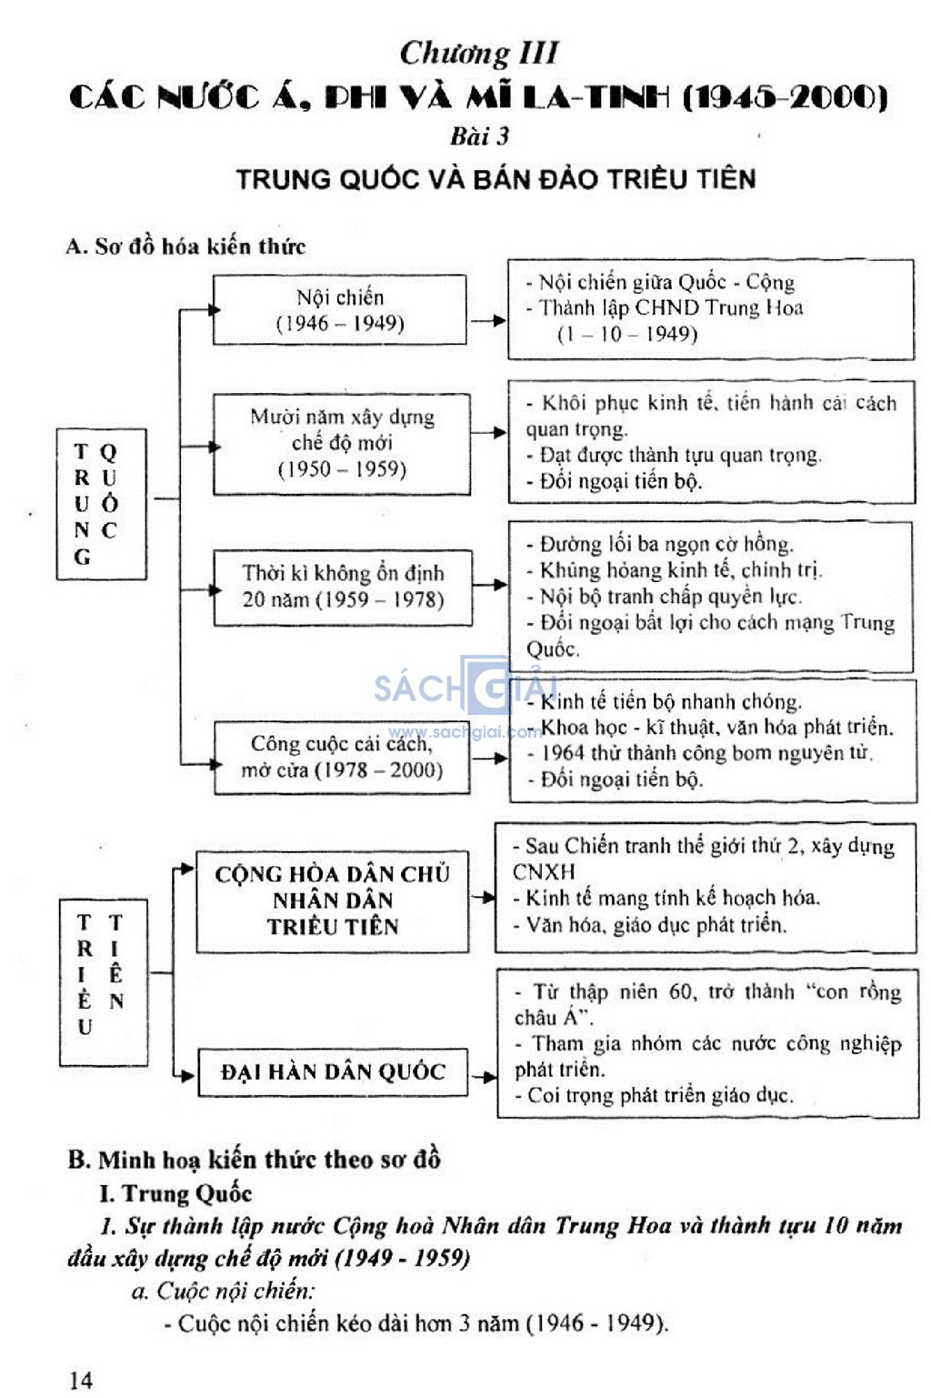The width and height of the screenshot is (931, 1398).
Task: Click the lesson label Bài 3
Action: tap(479, 136)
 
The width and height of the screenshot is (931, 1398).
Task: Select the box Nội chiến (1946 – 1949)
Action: tap(339, 309)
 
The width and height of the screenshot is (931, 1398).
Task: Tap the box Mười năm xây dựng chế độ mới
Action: tap(342, 444)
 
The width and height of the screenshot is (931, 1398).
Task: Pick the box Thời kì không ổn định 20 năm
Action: tap(343, 588)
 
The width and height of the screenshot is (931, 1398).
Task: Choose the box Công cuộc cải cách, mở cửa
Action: tap(342, 757)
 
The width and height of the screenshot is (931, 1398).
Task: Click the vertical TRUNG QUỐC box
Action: tap(102, 504)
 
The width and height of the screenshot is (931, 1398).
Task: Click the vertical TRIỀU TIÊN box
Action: tap(104, 982)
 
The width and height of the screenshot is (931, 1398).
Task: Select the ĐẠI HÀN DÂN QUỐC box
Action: tap(333, 1072)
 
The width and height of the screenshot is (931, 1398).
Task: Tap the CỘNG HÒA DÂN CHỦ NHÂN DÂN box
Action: tap(333, 901)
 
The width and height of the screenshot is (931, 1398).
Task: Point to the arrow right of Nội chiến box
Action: tap(487, 321)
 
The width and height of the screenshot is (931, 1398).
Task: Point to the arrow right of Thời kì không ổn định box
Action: tap(489, 585)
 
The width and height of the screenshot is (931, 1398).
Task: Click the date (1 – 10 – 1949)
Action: tap(627, 334)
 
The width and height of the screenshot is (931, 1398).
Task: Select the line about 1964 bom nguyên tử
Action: tap(700, 753)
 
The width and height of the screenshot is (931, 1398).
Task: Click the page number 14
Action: tap(81, 1380)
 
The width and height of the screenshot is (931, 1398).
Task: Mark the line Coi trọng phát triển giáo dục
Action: tap(654, 1095)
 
